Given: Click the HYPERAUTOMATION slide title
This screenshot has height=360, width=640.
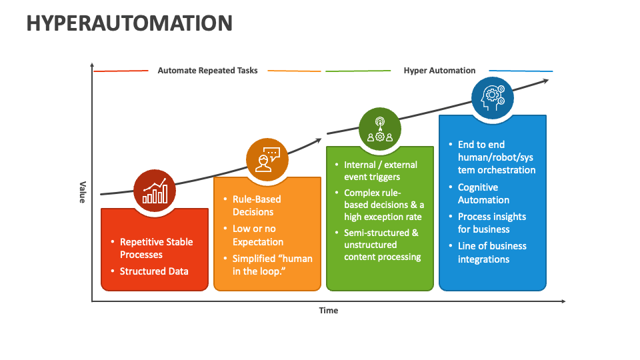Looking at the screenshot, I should coord(129,23).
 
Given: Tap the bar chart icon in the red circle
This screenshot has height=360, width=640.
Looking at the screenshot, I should coord(155,191).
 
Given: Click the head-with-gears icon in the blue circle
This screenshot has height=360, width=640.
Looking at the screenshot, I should coord(493,98).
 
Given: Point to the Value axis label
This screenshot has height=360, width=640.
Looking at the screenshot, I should coord(83,192).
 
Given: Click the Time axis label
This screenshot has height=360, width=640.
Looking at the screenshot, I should coord(328,310).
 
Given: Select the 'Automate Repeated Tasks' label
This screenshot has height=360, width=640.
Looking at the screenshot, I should coord(207,71).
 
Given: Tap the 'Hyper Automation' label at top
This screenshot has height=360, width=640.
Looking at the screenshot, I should coord(439,71).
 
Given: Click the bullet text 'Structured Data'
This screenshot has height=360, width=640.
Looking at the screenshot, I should coord(154,271).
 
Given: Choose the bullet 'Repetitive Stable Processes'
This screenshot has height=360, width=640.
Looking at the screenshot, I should coord(156,248).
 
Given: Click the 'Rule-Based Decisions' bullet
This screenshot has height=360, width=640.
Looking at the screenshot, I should coord(257,205).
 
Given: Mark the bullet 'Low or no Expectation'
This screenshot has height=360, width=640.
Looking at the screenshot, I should coord(257,235).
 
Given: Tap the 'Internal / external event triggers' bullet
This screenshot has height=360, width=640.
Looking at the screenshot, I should coord(380,171).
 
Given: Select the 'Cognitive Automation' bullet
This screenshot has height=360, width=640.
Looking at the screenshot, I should coord(484,193).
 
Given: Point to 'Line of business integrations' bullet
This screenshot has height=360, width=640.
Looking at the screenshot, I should coord(492,253).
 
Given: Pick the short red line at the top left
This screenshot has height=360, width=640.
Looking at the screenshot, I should coord(121,71).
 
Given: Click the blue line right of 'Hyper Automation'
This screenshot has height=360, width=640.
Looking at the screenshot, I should coord(521,71).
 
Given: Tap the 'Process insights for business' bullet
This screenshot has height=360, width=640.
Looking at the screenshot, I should coord(491,223).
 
